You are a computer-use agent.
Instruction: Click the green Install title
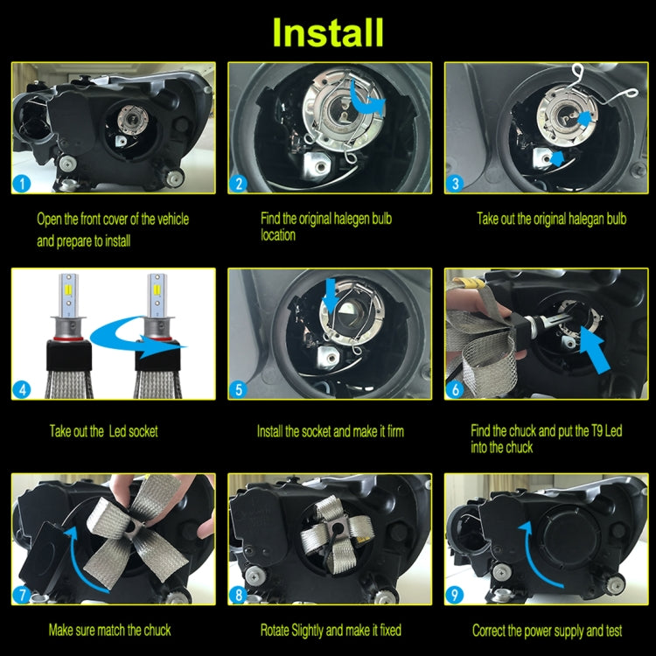pos(328,31)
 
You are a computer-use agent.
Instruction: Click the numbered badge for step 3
pos(455,183)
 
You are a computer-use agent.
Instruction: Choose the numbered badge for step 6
pos(455,389)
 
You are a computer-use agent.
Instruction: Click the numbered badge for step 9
pos(455,597)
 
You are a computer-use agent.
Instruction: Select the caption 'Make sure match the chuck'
pos(109,630)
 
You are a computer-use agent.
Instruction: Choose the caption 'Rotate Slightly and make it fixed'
pos(331,630)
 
